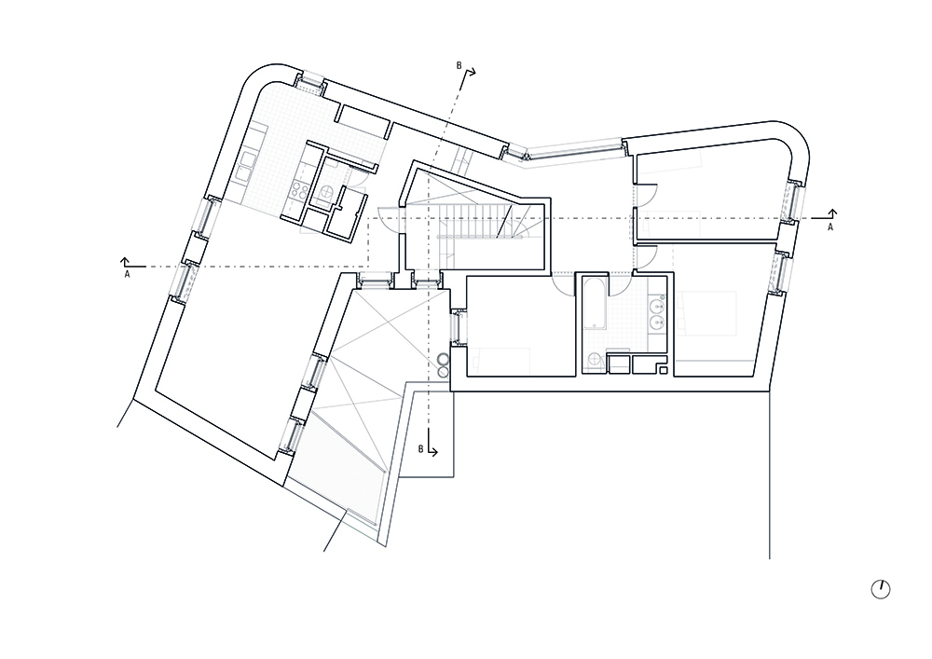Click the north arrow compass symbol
tap(881, 589)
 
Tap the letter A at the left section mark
tap(127, 275)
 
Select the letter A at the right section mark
tap(830, 227)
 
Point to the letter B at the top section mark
tap(459, 66)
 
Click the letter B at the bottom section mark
tap(420, 449)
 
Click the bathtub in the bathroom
tap(595, 304)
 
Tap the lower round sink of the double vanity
tap(657, 323)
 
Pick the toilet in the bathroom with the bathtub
tap(593, 361)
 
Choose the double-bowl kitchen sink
tap(245, 166)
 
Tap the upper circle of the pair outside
tap(444, 360)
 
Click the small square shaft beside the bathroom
tap(664, 371)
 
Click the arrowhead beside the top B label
tap(471, 72)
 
